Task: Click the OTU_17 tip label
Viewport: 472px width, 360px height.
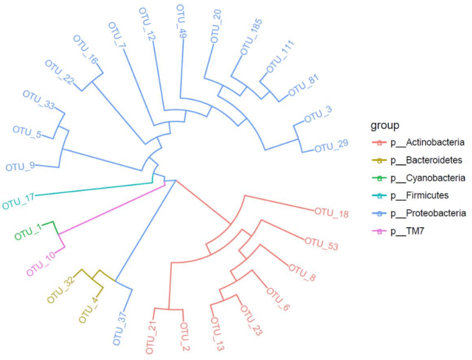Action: [18, 200]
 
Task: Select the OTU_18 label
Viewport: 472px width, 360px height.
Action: [331, 213]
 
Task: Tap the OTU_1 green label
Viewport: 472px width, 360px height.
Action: [29, 232]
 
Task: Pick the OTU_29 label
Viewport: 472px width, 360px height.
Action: [331, 146]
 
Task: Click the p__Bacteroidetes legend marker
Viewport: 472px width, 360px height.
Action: [380, 160]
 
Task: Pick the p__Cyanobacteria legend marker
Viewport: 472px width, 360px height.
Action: [380, 178]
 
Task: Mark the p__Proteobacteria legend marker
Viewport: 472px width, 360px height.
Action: [380, 213]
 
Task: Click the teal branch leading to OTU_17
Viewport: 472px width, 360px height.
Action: [92, 189]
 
